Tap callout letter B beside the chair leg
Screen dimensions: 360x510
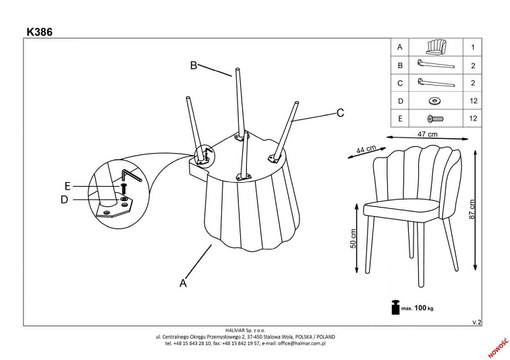pos(193,65)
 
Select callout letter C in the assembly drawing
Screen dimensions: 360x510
pos(341,113)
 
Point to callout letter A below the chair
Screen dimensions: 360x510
pos(182,284)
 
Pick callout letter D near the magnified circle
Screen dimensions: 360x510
pos(64,199)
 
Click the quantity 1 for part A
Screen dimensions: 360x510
pos(473,48)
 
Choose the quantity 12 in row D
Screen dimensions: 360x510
pos(473,101)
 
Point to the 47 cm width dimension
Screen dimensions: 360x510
pos(428,134)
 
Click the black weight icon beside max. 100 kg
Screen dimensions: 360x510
pos(393,307)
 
